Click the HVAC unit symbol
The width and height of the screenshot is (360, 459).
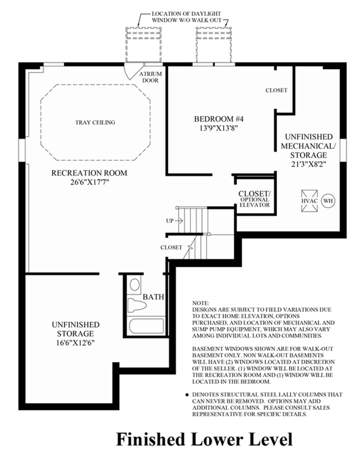[309, 201]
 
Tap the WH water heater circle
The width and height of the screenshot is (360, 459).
[328, 201]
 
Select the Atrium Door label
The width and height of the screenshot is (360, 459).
[149, 77]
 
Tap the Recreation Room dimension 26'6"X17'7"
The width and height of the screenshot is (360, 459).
[89, 182]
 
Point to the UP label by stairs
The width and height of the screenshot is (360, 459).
[169, 221]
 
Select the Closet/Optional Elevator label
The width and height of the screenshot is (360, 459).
[255, 199]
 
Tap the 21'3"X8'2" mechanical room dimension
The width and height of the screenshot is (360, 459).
[309, 164]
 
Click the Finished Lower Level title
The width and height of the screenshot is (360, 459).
[204, 439]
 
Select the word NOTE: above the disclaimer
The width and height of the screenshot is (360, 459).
[201, 303]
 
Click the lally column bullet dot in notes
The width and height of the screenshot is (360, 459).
[187, 394]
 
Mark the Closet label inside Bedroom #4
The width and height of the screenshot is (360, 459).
[276, 90]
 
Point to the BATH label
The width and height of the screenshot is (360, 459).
[153, 297]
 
